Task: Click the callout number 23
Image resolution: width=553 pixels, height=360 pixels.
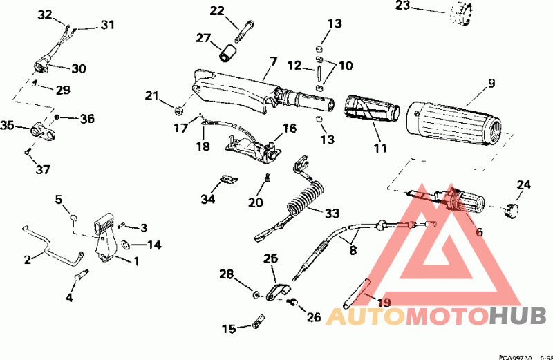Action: (x=422, y=6)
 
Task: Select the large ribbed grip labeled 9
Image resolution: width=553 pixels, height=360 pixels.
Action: (x=453, y=120)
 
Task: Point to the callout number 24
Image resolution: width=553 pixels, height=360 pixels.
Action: (x=524, y=184)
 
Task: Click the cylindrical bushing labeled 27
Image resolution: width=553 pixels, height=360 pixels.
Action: (x=229, y=51)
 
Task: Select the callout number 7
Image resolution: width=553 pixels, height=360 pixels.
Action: (x=272, y=62)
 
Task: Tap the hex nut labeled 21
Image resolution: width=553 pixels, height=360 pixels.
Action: (x=179, y=108)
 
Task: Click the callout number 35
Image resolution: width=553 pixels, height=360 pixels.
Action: (x=8, y=126)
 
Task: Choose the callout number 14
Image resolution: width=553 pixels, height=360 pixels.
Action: (x=153, y=245)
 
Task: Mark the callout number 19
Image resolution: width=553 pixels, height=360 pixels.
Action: (x=384, y=301)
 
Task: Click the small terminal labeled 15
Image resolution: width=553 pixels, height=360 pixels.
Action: (x=259, y=321)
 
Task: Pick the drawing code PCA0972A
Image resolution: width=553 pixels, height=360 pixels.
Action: (x=517, y=356)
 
